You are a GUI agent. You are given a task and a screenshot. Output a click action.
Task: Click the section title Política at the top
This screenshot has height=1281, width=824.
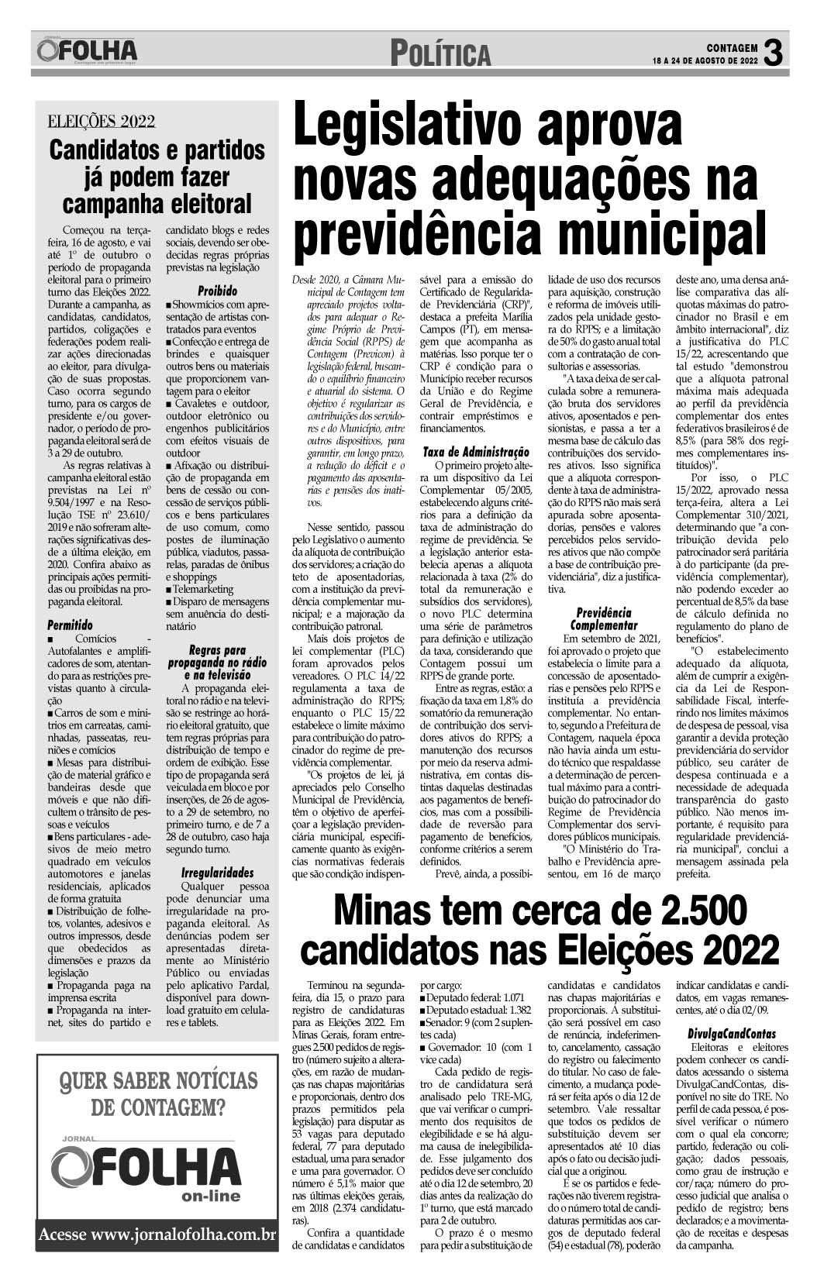[440, 54]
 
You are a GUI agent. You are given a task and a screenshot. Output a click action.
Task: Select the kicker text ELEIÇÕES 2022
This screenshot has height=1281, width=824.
[102, 121]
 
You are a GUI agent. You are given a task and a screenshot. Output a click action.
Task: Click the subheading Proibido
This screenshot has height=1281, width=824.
[217, 291]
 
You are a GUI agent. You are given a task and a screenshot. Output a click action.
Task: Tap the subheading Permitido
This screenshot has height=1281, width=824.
[70, 624]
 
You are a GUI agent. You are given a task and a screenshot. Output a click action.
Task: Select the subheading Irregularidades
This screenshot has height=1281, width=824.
[217, 873]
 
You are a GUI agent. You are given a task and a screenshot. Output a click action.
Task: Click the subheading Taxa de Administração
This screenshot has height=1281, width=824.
[476, 451]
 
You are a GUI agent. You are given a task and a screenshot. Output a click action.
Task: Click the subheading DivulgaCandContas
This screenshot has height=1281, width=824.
[732, 1034]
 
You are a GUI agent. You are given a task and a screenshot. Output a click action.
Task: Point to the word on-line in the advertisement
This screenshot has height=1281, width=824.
[211, 1196]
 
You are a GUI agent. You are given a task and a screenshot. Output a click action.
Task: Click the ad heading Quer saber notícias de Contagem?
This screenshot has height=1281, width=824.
[159, 1093]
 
